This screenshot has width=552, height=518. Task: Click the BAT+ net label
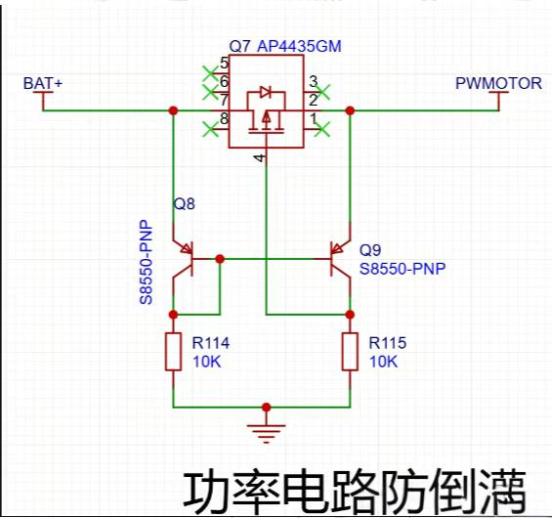click(43, 83)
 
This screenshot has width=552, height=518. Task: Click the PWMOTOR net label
click(498, 83)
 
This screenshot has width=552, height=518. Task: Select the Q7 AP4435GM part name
click(285, 46)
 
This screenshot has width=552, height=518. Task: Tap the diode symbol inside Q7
click(266, 92)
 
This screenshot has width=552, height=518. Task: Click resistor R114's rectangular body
click(173, 352)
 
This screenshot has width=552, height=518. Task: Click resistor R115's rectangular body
click(350, 352)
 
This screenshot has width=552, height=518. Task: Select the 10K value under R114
click(207, 362)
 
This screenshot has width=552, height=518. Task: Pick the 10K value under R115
click(384, 362)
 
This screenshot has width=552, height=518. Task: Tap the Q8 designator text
click(184, 204)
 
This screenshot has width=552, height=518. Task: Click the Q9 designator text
click(370, 250)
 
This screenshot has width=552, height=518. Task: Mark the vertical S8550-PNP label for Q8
click(147, 262)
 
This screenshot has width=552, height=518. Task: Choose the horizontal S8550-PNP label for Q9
click(403, 269)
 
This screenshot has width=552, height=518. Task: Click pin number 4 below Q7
click(260, 157)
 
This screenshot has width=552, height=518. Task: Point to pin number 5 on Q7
click(225, 64)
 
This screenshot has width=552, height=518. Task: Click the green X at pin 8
click(211, 129)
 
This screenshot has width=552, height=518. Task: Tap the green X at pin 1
click(322, 129)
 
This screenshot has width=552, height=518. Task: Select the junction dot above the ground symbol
click(266, 408)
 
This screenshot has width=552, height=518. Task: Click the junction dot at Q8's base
click(220, 259)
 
